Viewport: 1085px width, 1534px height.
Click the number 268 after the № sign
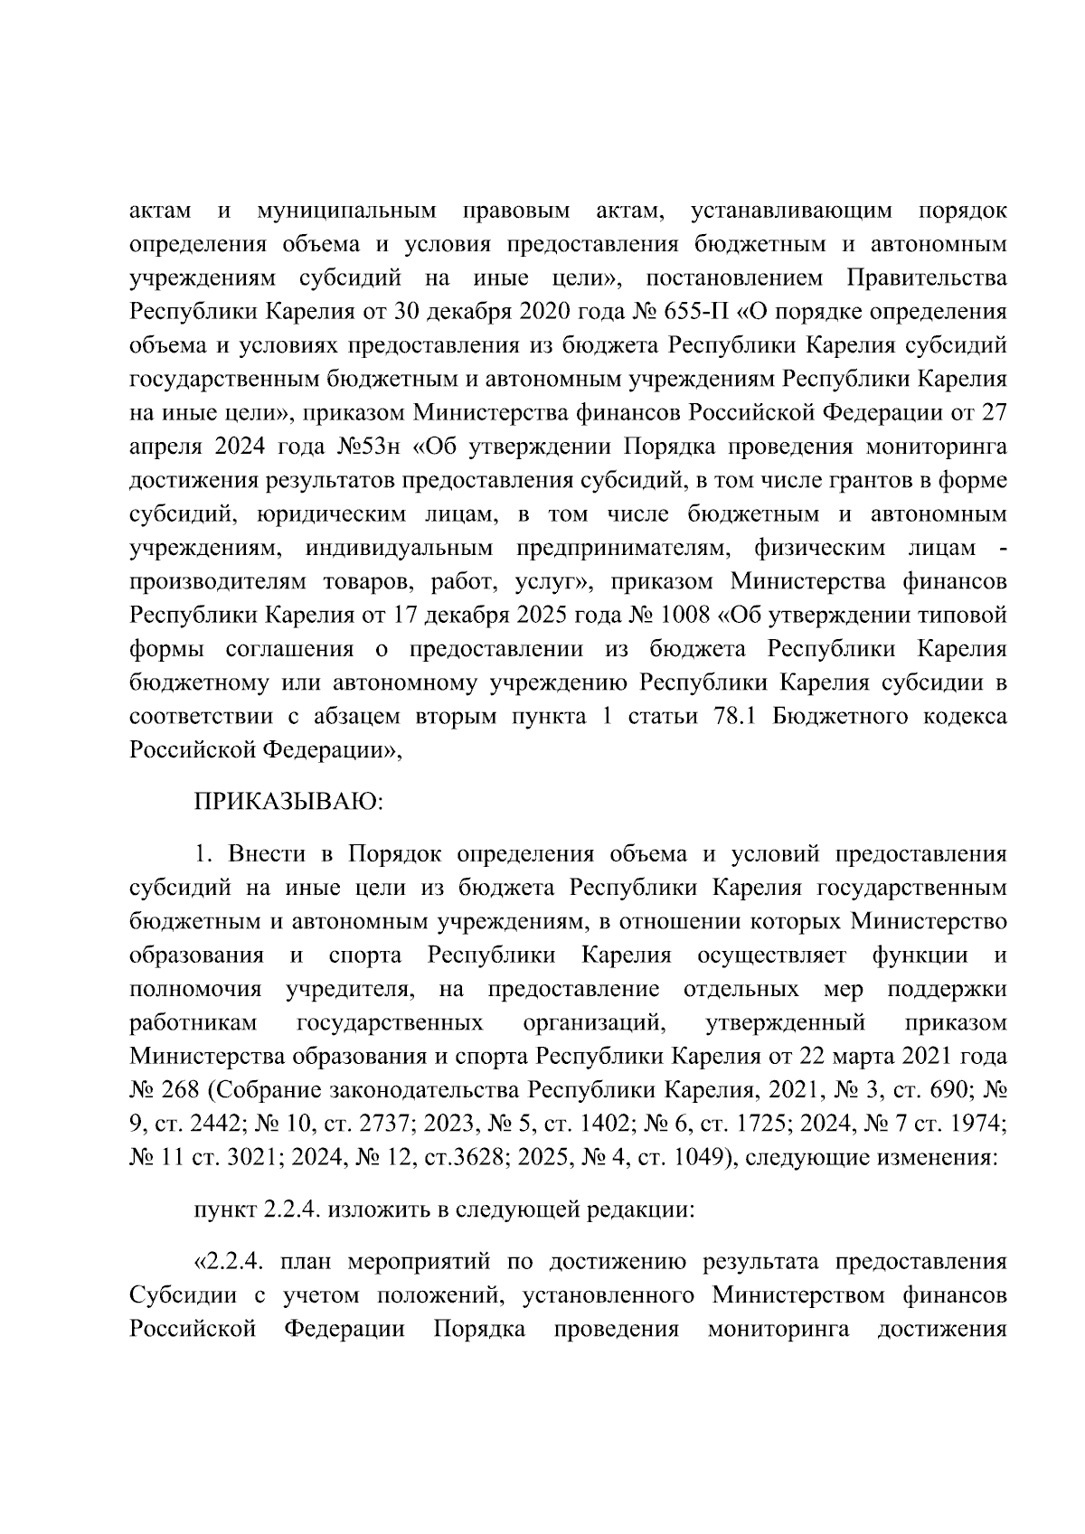pyautogui.click(x=184, y=1089)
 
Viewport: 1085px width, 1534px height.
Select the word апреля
pyautogui.click(x=166, y=447)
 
